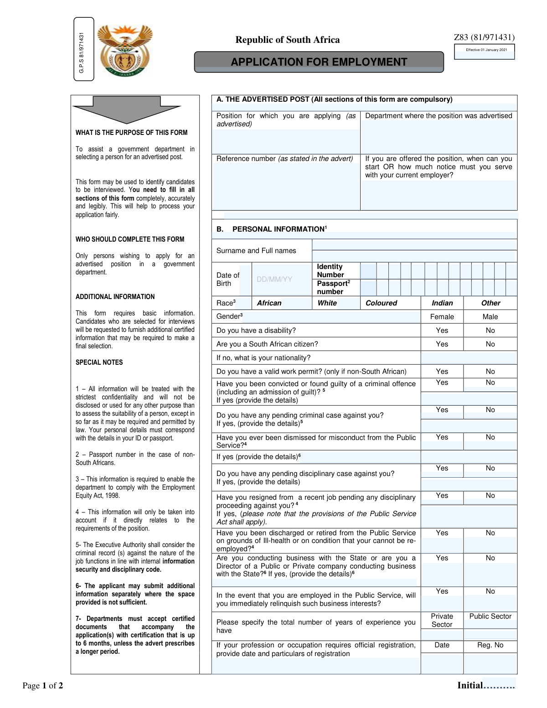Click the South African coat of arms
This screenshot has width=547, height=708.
click(x=125, y=50)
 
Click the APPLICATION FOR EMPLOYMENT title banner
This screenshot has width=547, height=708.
click(x=319, y=62)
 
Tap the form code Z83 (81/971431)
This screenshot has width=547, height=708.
click(x=484, y=37)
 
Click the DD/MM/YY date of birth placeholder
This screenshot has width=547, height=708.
click(x=274, y=279)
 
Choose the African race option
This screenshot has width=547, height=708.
click(x=269, y=303)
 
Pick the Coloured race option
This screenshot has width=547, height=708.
click(x=381, y=303)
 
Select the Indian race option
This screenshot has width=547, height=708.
click(x=442, y=303)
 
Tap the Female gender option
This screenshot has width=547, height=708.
click(x=442, y=317)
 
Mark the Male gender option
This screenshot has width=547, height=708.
click(x=490, y=317)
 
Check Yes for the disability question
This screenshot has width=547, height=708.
click(x=442, y=331)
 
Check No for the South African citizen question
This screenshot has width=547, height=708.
click(x=490, y=344)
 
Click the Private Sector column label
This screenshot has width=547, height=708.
click(x=442, y=620)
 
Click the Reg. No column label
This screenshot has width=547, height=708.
click(x=490, y=645)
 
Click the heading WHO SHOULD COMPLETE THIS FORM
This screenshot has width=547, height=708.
click(x=130, y=239)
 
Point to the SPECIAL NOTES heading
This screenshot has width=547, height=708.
click(x=99, y=362)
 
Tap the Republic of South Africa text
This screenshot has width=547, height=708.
click(x=287, y=40)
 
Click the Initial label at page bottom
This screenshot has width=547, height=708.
click(x=470, y=685)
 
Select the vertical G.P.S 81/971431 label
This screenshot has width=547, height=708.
click(x=82, y=52)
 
